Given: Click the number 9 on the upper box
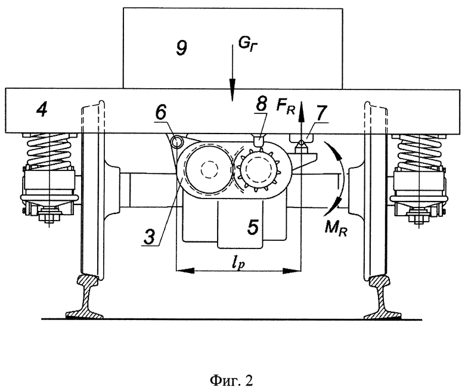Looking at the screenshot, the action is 181,48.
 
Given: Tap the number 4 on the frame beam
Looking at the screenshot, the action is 42,110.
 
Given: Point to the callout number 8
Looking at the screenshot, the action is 261,104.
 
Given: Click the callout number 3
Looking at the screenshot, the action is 150,237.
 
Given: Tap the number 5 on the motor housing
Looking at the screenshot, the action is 253,226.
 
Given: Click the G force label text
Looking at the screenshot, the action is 247,45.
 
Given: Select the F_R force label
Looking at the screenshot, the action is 286,107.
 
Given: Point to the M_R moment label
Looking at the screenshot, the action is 336,228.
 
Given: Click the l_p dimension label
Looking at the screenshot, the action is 238,263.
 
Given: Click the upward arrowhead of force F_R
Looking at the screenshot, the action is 301,108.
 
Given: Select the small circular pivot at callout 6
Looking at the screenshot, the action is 178,142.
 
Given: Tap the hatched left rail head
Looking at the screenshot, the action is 88,280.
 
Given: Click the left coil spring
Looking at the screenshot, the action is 49,150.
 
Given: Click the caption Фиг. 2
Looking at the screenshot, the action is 232,380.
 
